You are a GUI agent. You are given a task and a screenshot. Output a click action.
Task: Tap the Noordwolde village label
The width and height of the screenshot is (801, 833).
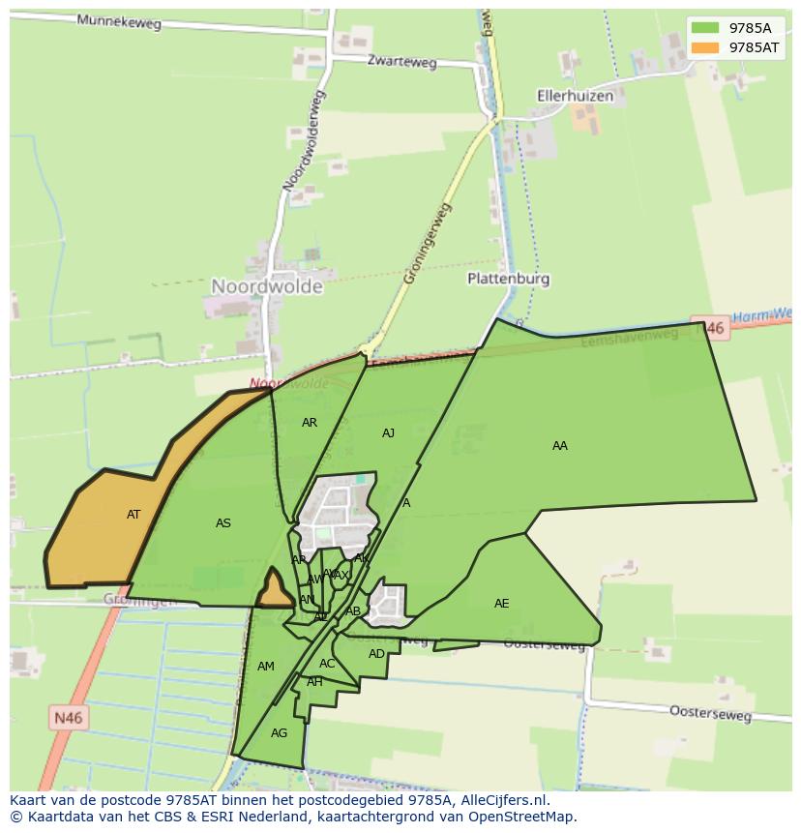[x=266, y=286]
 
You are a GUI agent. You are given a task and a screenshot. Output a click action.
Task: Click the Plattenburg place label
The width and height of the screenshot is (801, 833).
[x=508, y=279]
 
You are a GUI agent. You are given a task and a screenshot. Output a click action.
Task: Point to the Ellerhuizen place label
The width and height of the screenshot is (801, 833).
[x=576, y=96]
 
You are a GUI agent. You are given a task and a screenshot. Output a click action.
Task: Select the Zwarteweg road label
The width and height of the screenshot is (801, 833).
[x=401, y=62]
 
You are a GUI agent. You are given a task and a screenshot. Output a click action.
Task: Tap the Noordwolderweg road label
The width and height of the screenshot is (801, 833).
[x=304, y=140]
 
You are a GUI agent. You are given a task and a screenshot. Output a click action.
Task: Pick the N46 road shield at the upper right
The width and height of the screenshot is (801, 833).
[x=711, y=329]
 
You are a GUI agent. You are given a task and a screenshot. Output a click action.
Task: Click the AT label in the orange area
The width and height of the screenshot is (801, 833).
[x=133, y=515]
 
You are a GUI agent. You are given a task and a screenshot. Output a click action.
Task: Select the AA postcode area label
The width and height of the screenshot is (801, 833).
[x=560, y=446]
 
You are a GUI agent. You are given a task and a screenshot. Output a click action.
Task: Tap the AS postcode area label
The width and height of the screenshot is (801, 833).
[x=223, y=523]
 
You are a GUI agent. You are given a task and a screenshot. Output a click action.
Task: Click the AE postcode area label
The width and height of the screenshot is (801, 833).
[x=501, y=604]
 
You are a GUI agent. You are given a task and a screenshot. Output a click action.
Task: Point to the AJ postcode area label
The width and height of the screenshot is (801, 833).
[x=388, y=433]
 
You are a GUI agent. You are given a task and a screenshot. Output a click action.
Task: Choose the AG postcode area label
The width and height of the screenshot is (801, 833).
[x=279, y=733]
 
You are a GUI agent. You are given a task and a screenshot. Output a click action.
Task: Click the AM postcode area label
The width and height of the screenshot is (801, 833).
[x=266, y=667]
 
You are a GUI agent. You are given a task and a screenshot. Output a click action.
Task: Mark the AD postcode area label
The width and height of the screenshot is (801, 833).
[x=376, y=654]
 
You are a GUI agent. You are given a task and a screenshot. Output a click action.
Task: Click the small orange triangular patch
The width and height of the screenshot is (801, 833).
[x=274, y=591]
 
